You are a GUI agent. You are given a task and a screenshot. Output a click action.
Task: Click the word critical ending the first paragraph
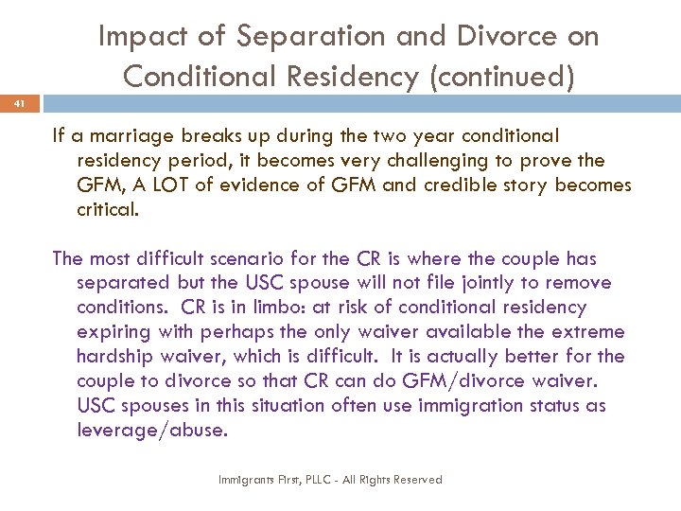pyautogui.click(x=107, y=209)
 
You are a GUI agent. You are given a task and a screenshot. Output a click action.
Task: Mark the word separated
pyautogui.click(x=123, y=283)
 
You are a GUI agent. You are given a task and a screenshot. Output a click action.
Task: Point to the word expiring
pyautogui.click(x=111, y=332)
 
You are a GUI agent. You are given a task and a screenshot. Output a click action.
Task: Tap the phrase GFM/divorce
pyautogui.click(x=472, y=381)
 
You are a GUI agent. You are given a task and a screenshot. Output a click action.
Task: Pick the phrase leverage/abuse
pyautogui.click(x=152, y=431)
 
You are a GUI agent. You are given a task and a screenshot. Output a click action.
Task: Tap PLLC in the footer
pyautogui.click(x=313, y=480)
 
